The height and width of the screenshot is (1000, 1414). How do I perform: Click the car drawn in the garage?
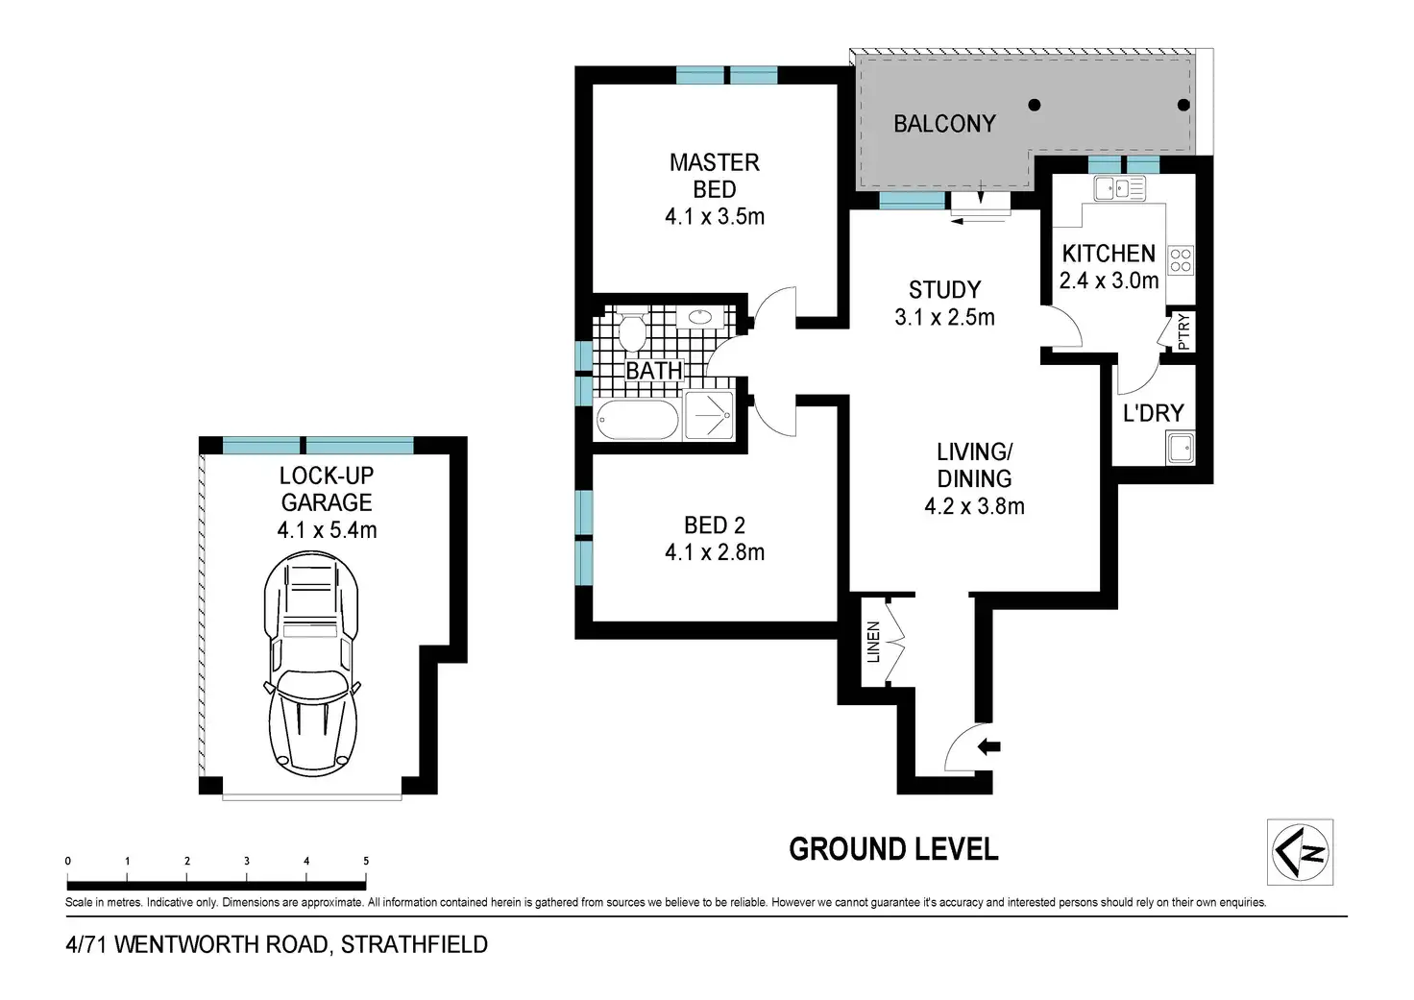click(x=311, y=665)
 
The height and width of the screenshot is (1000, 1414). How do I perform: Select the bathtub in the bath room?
click(x=637, y=419)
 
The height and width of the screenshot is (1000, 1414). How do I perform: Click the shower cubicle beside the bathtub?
click(x=709, y=415)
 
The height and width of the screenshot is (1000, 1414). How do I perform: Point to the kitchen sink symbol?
click(x=1119, y=188)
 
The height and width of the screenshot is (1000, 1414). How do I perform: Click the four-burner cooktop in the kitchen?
click(x=1181, y=259)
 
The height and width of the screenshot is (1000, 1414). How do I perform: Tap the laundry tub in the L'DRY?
click(x=1180, y=449)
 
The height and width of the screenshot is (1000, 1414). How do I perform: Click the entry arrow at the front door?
click(x=988, y=747)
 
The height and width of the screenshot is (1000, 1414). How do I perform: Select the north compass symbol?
click(x=1300, y=852)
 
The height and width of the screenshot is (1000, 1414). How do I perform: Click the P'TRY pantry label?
click(x=1183, y=331)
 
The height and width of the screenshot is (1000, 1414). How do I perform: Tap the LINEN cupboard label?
click(x=873, y=642)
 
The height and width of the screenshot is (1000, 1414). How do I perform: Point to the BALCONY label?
click(x=944, y=124)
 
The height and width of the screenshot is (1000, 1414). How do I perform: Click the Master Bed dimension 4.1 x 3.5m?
click(x=715, y=216)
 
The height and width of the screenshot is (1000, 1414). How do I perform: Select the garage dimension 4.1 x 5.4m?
click(x=327, y=529)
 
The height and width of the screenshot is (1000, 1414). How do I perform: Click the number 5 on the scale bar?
click(x=366, y=861)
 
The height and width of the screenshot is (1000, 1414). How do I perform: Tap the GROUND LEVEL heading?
click(x=894, y=849)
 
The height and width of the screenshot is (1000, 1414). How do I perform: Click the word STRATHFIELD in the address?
click(x=414, y=944)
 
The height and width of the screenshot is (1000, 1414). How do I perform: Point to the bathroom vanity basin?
click(x=699, y=317)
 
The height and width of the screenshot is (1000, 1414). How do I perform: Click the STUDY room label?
click(x=944, y=290)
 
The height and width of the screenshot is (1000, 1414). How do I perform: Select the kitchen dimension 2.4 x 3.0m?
click(x=1109, y=280)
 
